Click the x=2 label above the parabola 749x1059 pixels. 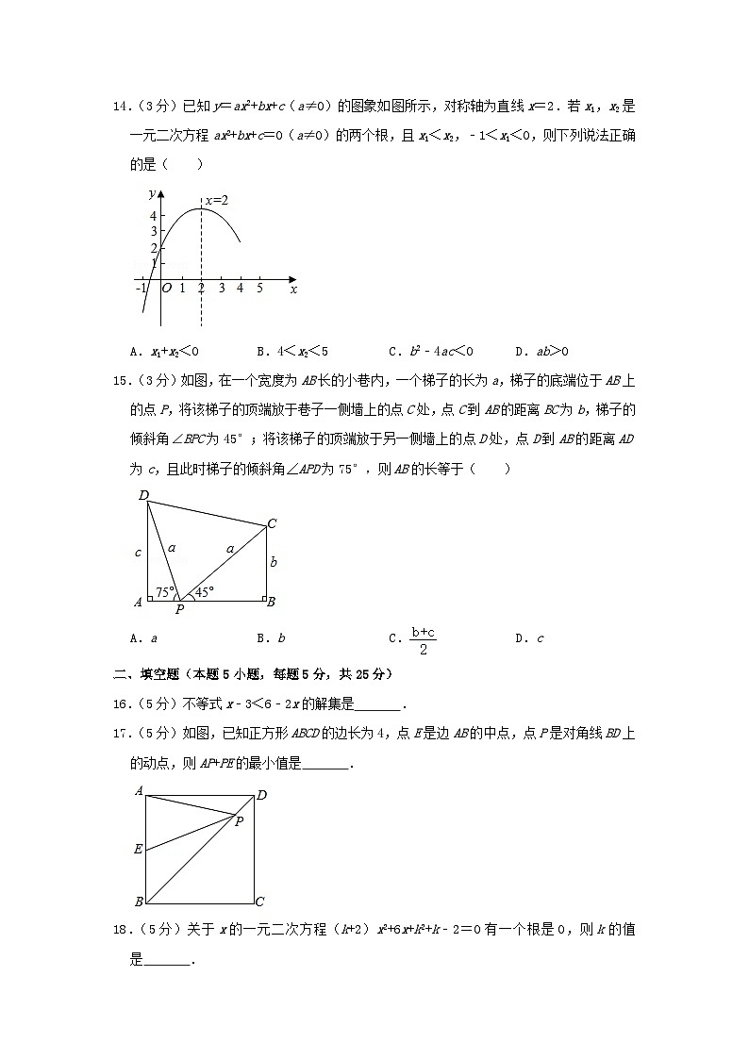coord(218,200)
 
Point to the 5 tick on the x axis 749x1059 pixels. coord(259,289)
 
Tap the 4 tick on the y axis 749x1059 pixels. coord(152,216)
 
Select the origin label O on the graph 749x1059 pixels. coord(166,289)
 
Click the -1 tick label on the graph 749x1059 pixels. coord(141,289)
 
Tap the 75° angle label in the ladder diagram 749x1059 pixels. coord(165,592)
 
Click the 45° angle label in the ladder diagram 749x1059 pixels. coord(203,592)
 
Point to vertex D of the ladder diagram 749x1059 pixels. coord(143,495)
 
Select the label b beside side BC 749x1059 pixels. coord(273,561)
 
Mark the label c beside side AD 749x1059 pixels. coord(138,553)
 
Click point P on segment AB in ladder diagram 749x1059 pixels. coord(179,608)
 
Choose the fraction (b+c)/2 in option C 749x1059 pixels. coord(422,638)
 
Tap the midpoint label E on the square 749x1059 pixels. coord(138,850)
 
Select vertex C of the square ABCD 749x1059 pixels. coord(259,902)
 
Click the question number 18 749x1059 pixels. coord(119,930)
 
